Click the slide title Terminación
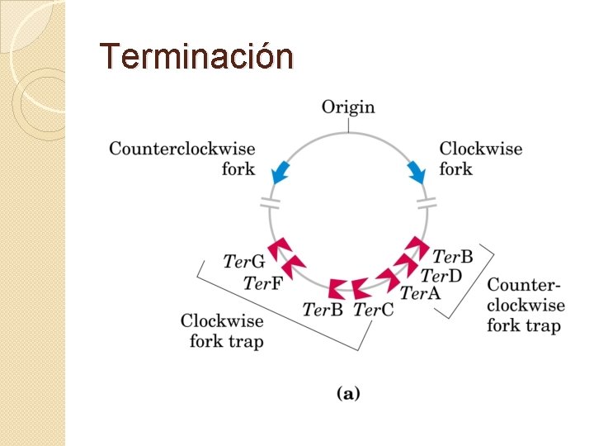click(196, 56)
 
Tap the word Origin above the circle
click(347, 107)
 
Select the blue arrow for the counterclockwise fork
click(282, 171)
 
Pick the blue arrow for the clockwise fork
click(416, 173)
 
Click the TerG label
click(244, 261)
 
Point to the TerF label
click(263, 283)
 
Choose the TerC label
click(374, 310)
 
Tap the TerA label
click(421, 292)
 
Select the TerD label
click(441, 274)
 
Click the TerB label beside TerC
click(323, 310)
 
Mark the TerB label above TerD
click(453, 256)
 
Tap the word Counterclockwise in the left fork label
click(182, 149)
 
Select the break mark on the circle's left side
click(270, 203)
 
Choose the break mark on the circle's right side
click(427, 202)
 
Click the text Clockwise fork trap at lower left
click(222, 330)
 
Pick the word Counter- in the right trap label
click(525, 285)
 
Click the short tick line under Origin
click(348, 126)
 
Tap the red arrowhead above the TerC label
click(361, 287)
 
